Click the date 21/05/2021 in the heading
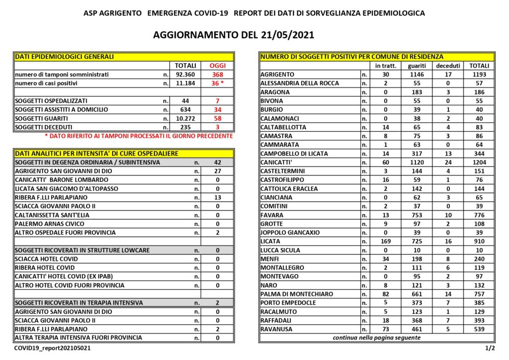(x=287, y=35)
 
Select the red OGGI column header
(x=217, y=66)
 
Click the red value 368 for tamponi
(x=217, y=75)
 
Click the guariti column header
(x=417, y=66)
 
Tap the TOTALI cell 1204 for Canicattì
(x=480, y=162)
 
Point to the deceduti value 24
(x=448, y=162)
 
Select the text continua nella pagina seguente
(x=376, y=338)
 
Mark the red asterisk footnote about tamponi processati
(x=139, y=136)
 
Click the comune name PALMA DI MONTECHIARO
(x=297, y=294)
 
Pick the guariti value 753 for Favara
(x=417, y=215)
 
